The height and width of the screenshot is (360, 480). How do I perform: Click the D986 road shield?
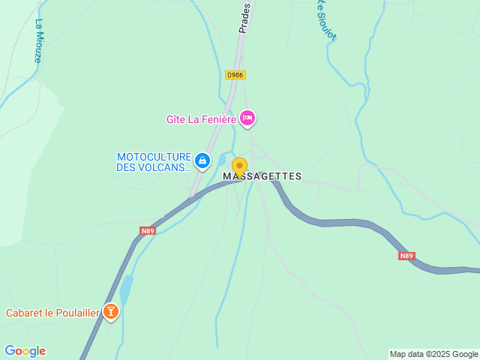point(235,75)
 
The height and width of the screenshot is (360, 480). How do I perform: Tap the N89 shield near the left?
point(147,231)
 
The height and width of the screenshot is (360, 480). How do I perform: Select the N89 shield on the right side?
point(406,256)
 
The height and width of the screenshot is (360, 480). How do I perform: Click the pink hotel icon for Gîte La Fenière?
point(247,118)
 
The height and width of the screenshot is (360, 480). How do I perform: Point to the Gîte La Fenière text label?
point(201,118)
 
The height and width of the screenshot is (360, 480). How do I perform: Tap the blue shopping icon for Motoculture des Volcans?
point(202,160)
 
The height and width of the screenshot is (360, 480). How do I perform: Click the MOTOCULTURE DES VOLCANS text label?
point(154,162)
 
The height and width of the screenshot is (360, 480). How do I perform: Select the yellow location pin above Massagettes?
point(239,166)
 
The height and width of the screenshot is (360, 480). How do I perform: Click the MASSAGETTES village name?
point(262,177)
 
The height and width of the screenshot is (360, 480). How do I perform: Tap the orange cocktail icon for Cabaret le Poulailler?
point(111,311)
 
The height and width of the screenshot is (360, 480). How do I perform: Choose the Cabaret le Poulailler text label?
point(52,313)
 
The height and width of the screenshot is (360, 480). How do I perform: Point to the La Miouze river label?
point(39,40)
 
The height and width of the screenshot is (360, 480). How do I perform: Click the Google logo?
point(25,351)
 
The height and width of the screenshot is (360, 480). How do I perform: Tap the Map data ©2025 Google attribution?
point(433,354)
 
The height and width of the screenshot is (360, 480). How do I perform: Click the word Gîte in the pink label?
point(176,118)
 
